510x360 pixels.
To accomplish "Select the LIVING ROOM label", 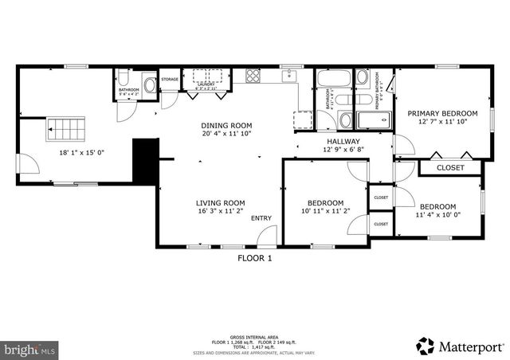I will [x=221, y=202].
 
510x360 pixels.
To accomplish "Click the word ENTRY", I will [x=261, y=218].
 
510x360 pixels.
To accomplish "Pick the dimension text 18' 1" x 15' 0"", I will [x=81, y=153].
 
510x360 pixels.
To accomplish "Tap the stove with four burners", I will [x=253, y=77].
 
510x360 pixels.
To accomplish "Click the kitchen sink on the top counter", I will [x=291, y=76].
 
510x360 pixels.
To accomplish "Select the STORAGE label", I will [x=170, y=80].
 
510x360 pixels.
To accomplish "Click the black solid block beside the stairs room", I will [x=144, y=158].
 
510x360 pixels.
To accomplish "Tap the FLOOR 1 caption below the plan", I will [x=255, y=258].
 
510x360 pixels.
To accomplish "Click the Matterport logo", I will [x=460, y=346].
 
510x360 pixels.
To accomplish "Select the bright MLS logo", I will [x=29, y=349].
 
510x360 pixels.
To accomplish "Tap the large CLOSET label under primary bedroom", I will [x=450, y=168].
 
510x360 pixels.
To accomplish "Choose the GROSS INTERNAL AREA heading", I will [x=255, y=316].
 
